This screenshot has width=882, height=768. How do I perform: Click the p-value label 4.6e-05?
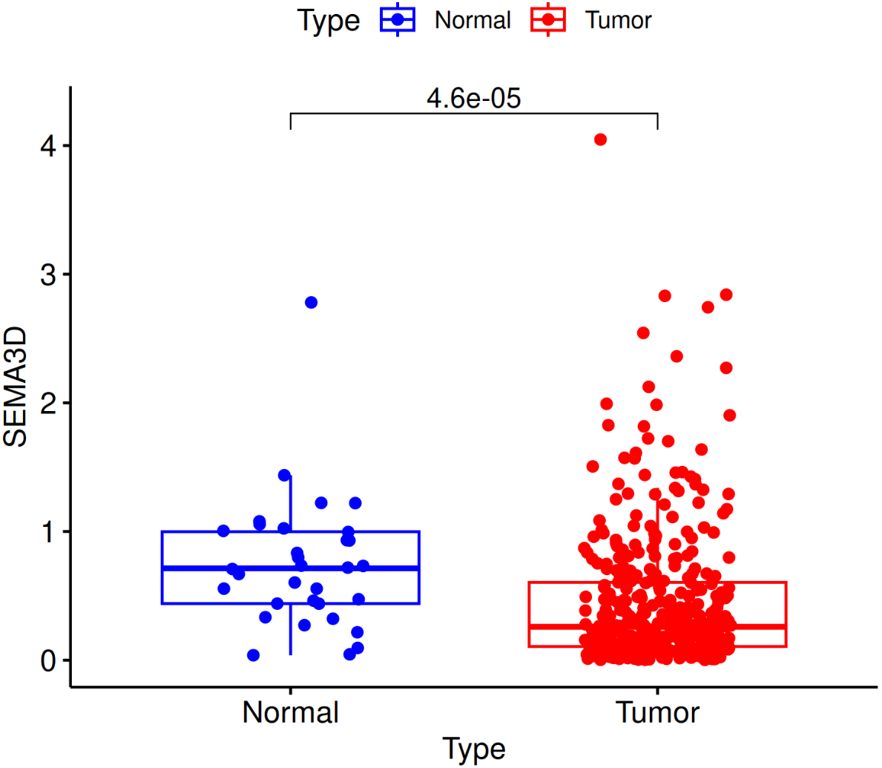[x=473, y=98]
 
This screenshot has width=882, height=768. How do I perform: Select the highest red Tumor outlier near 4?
[x=600, y=140]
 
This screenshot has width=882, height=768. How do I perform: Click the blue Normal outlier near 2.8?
[x=311, y=302]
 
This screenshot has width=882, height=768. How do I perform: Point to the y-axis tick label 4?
[x=48, y=145]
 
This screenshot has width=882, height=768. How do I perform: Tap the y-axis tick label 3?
[x=48, y=275]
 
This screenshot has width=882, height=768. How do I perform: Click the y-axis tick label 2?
[x=48, y=403]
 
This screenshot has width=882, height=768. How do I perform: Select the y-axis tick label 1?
[x=48, y=532]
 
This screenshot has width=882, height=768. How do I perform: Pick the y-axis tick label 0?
[x=48, y=660]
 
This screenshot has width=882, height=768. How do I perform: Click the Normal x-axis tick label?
[x=290, y=712]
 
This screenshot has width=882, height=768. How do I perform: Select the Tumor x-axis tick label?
[x=657, y=712]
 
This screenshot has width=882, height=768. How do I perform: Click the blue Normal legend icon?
[x=398, y=20]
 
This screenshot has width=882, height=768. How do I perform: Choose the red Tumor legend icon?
[x=548, y=20]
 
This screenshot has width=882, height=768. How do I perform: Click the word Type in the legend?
[x=328, y=20]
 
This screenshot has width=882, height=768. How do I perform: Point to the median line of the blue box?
[x=223, y=568]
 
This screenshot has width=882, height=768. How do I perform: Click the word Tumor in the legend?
[x=618, y=20]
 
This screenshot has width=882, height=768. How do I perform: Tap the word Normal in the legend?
[x=473, y=20]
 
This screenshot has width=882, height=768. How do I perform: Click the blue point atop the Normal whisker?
[x=284, y=475]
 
